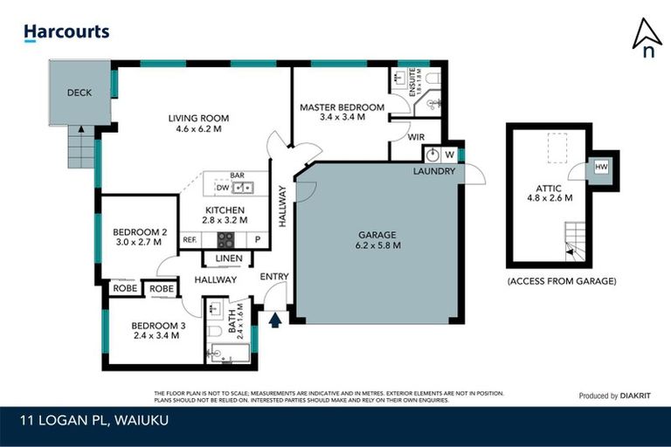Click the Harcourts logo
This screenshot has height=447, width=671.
(x=66, y=32)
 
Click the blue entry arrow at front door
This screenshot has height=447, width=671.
(x=276, y=320)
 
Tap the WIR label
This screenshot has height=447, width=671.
(x=416, y=138)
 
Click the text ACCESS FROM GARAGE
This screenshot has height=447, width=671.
(x=561, y=281)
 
